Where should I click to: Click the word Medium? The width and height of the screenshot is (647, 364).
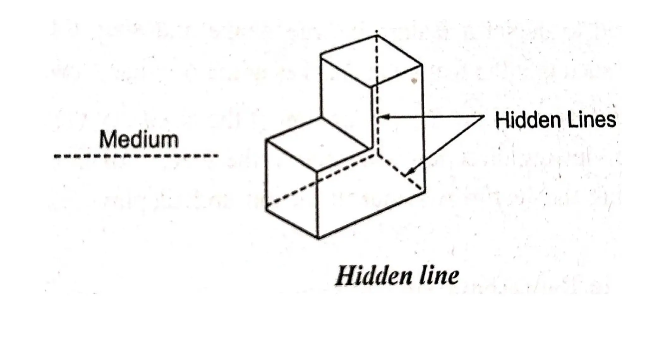click(x=139, y=139)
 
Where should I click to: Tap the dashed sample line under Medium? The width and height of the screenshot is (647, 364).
click(x=136, y=156)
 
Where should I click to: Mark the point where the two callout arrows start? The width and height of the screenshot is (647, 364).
click(x=484, y=116)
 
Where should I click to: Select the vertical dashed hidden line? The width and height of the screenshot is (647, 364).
click(x=377, y=95)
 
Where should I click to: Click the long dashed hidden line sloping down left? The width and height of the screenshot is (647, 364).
click(x=319, y=179)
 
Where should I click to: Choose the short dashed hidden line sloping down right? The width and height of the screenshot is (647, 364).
click(x=400, y=172)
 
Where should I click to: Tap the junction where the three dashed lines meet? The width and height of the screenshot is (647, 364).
click(x=377, y=154)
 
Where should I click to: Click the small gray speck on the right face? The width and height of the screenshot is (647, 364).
click(x=414, y=81)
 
